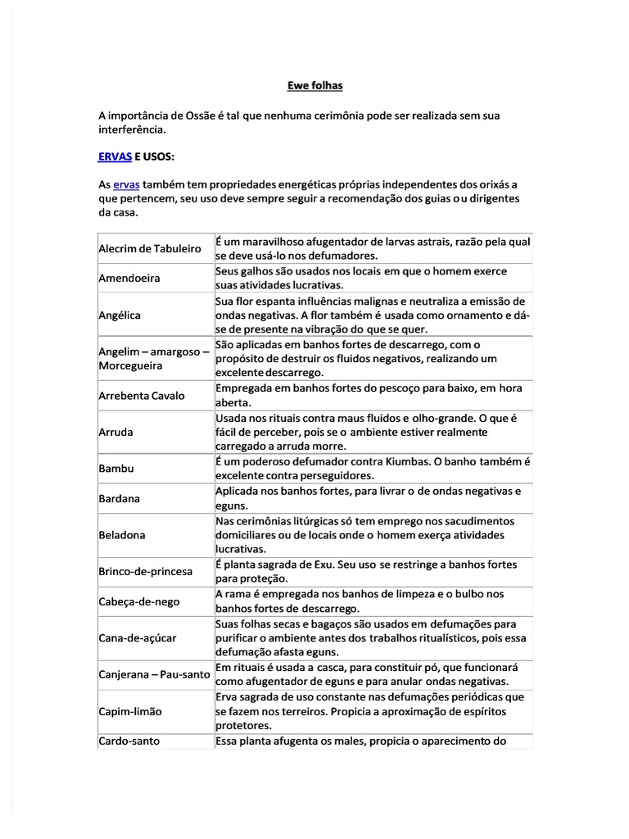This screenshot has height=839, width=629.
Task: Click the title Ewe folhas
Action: (314, 85)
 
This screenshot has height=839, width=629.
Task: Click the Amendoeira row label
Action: (129, 278)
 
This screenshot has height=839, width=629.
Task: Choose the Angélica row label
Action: (120, 315)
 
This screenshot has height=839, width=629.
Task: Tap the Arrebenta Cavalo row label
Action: (142, 395)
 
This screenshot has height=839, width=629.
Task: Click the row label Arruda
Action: (115, 431)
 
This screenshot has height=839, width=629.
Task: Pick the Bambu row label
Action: (115, 469)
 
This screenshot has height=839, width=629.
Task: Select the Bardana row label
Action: (120, 498)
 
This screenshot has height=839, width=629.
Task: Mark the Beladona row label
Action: (122, 535)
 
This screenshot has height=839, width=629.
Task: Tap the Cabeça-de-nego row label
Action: (138, 601)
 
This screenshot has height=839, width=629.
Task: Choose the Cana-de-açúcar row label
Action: (138, 637)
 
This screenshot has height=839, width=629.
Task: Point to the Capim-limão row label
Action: (130, 711)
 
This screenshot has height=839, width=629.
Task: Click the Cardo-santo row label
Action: (129, 741)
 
